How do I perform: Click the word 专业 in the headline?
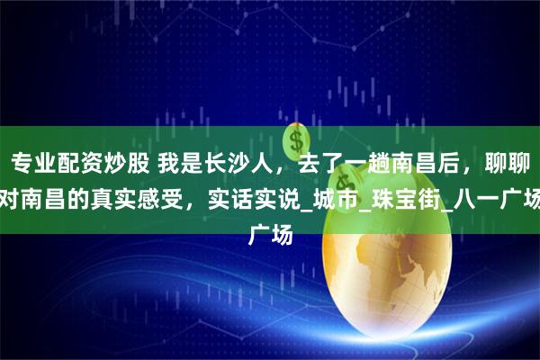(32, 164)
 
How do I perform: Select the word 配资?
(76, 164)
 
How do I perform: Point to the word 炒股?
(121, 164)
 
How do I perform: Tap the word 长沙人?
(224, 164)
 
